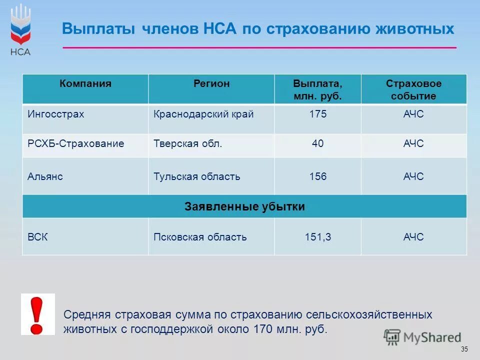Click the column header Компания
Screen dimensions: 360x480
pyautogui.click(x=85, y=84)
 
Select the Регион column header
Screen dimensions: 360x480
pyautogui.click(x=211, y=84)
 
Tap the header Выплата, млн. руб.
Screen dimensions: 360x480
pyautogui.click(x=317, y=89)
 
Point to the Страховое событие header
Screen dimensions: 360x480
pyautogui.click(x=413, y=89)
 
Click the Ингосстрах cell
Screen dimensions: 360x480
pyautogui.click(x=56, y=114)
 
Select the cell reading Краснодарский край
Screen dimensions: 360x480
pyautogui.click(x=203, y=114)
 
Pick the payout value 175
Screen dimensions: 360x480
pyautogui.click(x=317, y=114)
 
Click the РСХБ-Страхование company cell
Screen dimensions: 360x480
pyautogui.click(x=76, y=144)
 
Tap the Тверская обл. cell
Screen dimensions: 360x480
pyautogui.click(x=187, y=144)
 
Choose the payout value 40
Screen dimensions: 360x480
pyautogui.click(x=317, y=144)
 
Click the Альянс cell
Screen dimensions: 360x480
pyautogui.click(x=45, y=176)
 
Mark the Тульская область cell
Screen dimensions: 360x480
pyautogui.click(x=196, y=176)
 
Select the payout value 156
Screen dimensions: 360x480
pyautogui.click(x=317, y=176)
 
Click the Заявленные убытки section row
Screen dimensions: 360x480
pyautogui.click(x=244, y=206)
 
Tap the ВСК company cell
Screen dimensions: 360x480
pyautogui.click(x=38, y=237)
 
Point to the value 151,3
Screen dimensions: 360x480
pyautogui.click(x=317, y=237)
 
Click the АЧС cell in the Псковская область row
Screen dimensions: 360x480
pyautogui.click(x=413, y=237)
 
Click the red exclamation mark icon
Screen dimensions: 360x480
pyautogui.click(x=37, y=314)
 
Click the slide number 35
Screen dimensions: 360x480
pyautogui.click(x=464, y=349)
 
